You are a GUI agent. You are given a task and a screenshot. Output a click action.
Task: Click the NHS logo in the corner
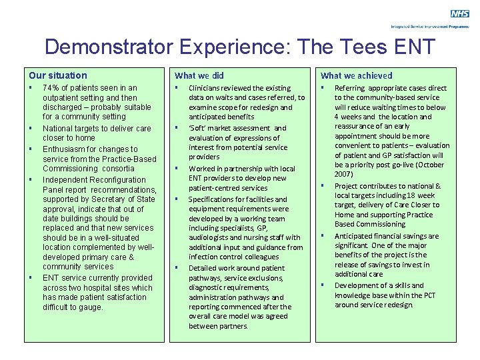pyautogui.click(x=460, y=13)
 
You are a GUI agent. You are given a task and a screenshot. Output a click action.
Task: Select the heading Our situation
pyautogui.click(x=58, y=75)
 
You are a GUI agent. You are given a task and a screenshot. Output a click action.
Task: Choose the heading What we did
pyautogui.click(x=199, y=75)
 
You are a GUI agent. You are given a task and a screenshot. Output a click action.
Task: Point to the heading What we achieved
pyautogui.click(x=357, y=75)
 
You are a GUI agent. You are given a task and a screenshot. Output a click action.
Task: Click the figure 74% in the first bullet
pyautogui.click(x=51, y=88)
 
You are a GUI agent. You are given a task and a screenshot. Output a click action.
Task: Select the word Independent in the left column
pyautogui.click(x=68, y=180)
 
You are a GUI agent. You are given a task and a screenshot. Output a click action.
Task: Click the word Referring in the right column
pyautogui.click(x=349, y=88)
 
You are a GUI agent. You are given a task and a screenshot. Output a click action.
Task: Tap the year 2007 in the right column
pyautogui.click(x=344, y=174)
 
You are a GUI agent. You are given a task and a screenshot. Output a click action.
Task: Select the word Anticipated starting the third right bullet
pyautogui.click(x=358, y=236)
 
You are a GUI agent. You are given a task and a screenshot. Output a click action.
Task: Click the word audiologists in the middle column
pyautogui.click(x=211, y=237)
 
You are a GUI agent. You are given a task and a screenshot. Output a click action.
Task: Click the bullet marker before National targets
pyautogui.click(x=31, y=128)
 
